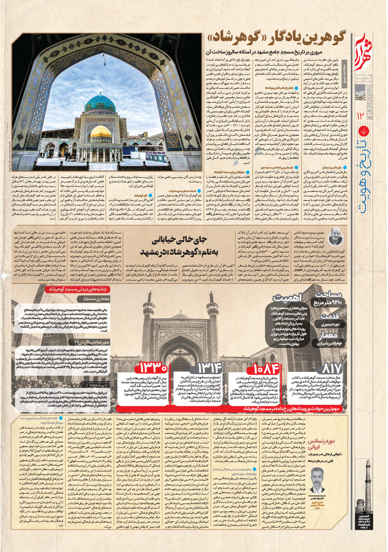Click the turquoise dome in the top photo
[100, 105]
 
